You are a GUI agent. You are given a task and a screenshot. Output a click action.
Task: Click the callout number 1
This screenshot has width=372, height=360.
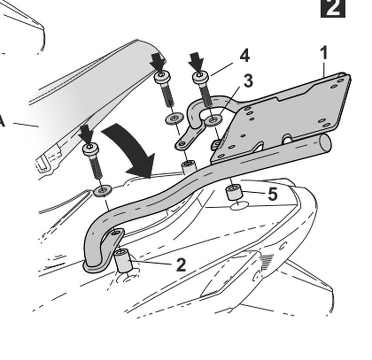[324, 52]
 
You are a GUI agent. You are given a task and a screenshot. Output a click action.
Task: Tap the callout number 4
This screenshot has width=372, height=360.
[245, 57]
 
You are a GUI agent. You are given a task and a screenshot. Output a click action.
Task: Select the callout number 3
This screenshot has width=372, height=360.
[248, 81]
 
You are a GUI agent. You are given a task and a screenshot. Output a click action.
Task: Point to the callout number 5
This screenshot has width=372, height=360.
[272, 195]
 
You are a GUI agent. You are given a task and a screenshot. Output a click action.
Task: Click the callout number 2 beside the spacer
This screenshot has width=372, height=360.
[181, 265]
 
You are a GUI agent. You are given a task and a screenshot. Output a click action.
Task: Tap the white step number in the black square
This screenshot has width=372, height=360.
[333, 8]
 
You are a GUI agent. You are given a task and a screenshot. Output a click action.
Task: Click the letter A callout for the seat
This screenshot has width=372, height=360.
[2, 122]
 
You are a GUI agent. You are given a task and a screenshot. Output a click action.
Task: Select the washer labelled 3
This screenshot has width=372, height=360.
[213, 121]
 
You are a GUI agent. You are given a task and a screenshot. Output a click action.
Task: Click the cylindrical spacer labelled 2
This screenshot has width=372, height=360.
[123, 262]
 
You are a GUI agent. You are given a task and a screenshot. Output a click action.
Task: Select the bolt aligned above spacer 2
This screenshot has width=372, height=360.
[91, 160]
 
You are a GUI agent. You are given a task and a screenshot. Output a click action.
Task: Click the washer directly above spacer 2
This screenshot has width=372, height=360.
[102, 190]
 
